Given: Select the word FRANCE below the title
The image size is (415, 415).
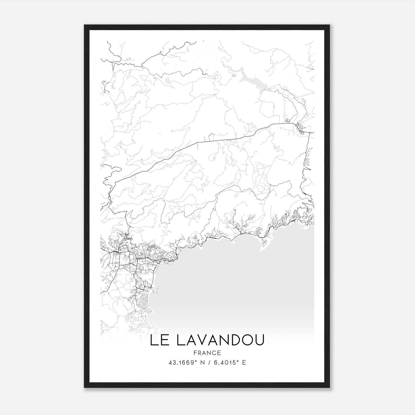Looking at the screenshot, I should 207,353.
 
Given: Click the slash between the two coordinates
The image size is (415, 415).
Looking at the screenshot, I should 208,362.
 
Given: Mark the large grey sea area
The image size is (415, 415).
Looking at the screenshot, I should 233,285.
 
